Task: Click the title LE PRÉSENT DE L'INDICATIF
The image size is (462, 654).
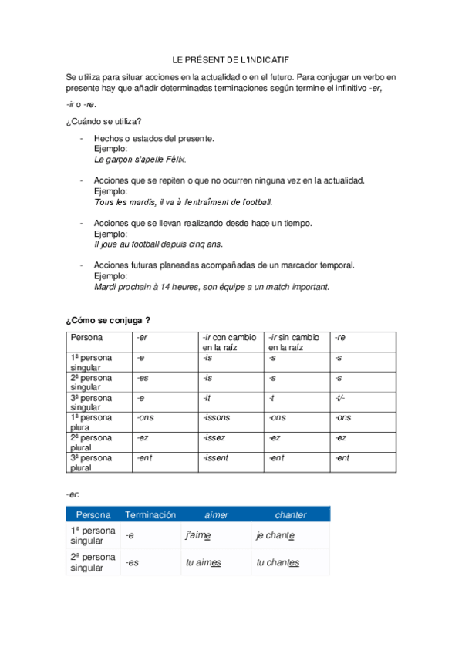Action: (x=231, y=59)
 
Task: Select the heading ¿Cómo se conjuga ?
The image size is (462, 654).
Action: (x=108, y=319)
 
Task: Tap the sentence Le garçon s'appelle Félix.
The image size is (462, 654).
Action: (x=140, y=160)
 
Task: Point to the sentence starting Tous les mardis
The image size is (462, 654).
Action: (x=183, y=202)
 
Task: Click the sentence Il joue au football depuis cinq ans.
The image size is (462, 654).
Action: (x=158, y=244)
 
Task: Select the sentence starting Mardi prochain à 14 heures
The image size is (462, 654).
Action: (x=211, y=286)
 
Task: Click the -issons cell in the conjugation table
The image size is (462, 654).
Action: (x=217, y=417)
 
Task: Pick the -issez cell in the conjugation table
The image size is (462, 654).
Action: (x=214, y=437)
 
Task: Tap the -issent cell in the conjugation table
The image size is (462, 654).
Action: (x=216, y=457)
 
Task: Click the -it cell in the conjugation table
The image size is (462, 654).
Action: (x=207, y=397)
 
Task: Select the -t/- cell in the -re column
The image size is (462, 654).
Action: (x=340, y=397)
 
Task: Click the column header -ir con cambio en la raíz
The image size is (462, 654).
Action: (x=230, y=342)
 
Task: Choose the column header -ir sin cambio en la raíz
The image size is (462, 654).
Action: (x=295, y=342)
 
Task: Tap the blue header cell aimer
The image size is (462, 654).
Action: (x=215, y=514)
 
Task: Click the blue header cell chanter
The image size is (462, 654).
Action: (x=290, y=514)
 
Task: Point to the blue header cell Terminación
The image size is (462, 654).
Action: (x=150, y=514)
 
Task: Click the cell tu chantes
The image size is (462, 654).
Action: (x=278, y=562)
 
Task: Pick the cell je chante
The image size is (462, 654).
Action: (x=275, y=535)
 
